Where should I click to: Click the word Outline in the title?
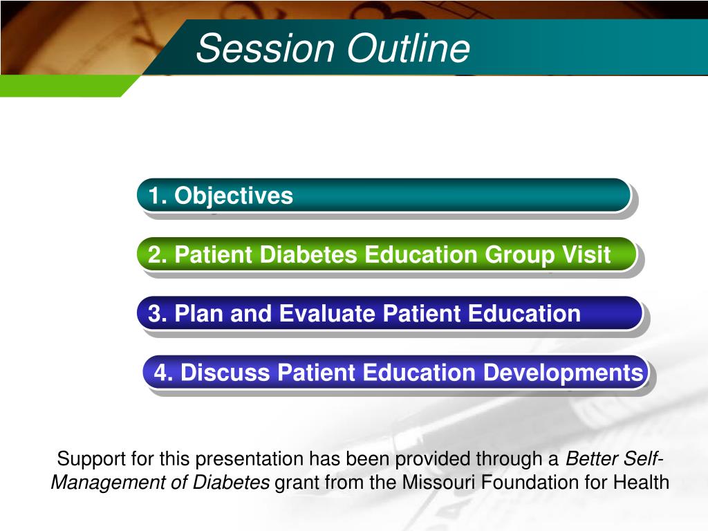pyautogui.click(x=409, y=48)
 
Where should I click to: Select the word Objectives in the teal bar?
pyautogui.click(x=234, y=196)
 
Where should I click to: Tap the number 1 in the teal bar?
pyautogui.click(x=154, y=196)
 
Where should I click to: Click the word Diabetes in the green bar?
pyautogui.click(x=308, y=254)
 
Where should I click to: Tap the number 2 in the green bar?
pyautogui.click(x=155, y=254)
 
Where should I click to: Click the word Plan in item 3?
pyautogui.click(x=199, y=313)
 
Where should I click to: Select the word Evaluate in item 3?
pyautogui.click(x=327, y=313)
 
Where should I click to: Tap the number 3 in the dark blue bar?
pyautogui.click(x=155, y=313)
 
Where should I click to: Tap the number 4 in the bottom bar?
pyautogui.click(x=160, y=373)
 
